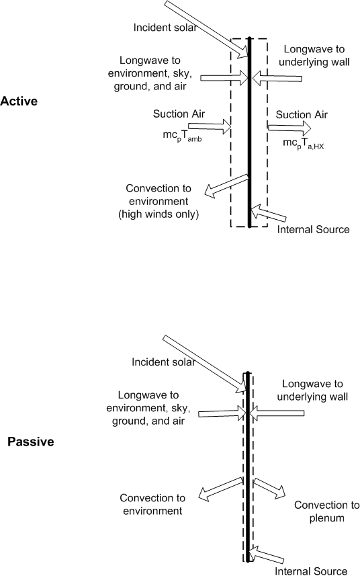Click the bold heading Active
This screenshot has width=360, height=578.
19,101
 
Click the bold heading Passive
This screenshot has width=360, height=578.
30,442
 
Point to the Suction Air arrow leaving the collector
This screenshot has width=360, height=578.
289,126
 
